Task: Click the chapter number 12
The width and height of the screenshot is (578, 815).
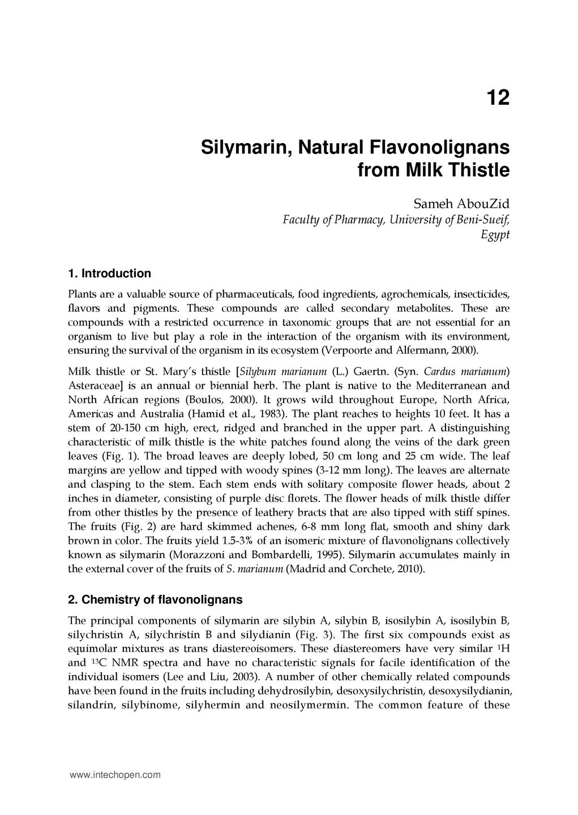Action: click(498, 98)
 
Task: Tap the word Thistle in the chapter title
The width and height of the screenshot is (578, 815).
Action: click(482, 170)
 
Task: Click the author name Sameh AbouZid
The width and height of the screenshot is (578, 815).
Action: click(461, 204)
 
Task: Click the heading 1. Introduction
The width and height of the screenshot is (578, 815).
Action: click(109, 273)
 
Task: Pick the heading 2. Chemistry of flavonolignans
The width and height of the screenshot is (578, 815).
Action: click(155, 599)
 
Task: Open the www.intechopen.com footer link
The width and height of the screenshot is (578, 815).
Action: click(115, 775)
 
